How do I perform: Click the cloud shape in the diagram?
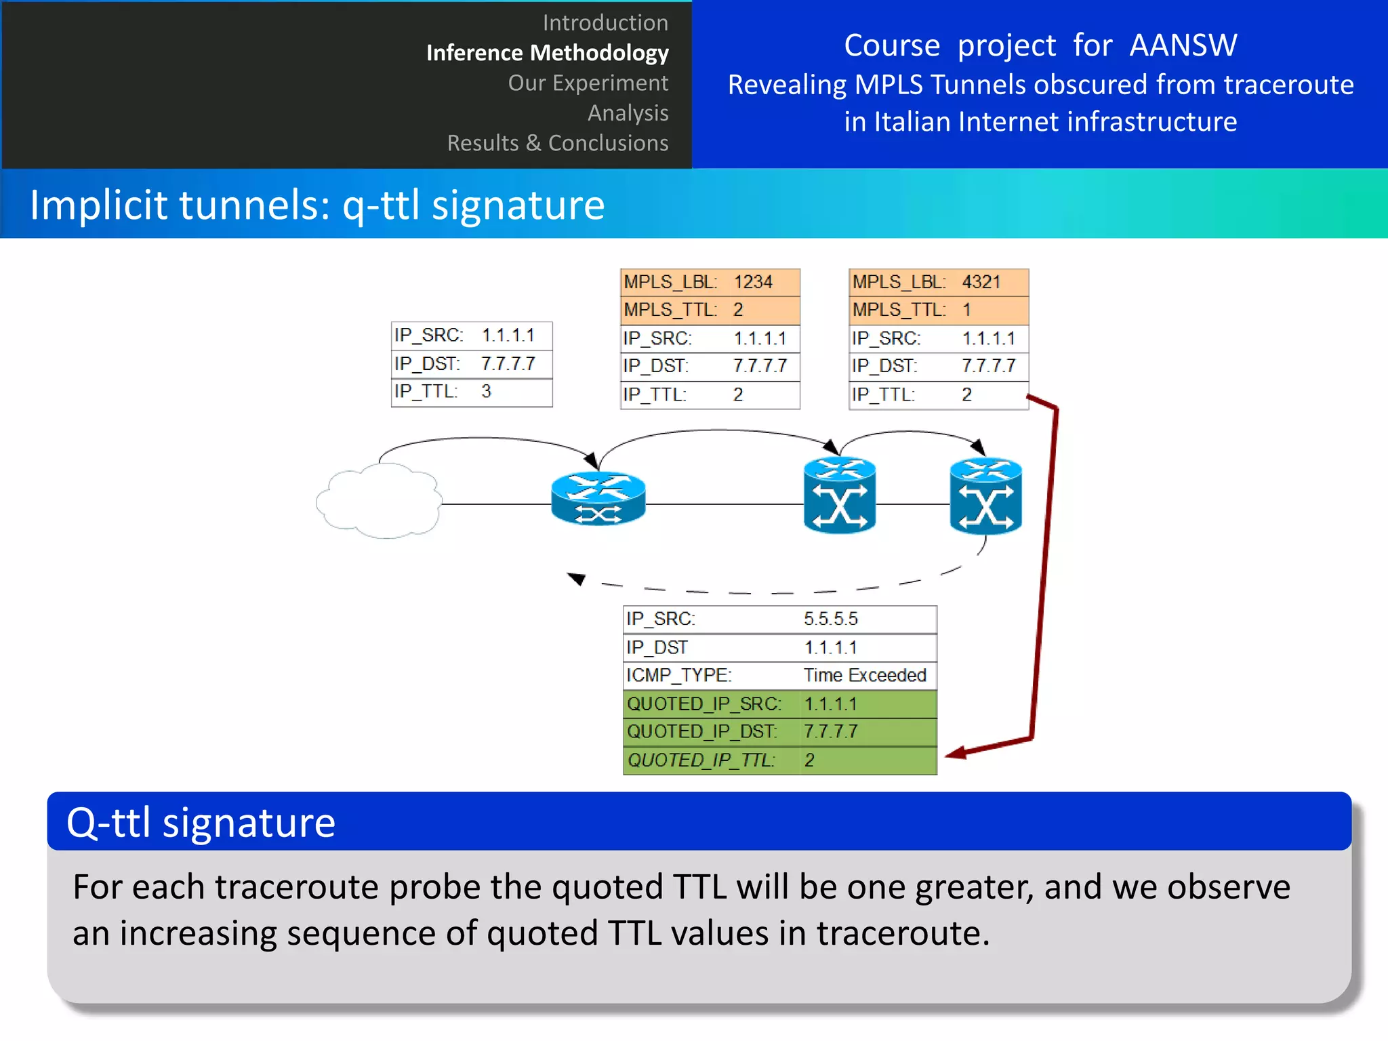click(x=380, y=502)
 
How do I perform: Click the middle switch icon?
click(x=839, y=497)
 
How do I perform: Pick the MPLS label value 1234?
click(x=752, y=282)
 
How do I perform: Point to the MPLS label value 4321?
click(x=981, y=282)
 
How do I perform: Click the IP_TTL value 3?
click(x=486, y=392)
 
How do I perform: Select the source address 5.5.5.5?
click(x=830, y=619)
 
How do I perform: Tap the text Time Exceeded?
click(x=864, y=676)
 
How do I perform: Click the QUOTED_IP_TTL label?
click(x=701, y=760)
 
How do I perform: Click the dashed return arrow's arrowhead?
click(x=577, y=579)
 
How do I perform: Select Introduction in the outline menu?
click(x=605, y=23)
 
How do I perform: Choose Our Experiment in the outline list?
click(x=588, y=83)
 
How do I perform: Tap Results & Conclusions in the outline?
click(x=557, y=143)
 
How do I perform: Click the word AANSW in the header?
click(x=1183, y=46)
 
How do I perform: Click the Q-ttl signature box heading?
click(x=201, y=823)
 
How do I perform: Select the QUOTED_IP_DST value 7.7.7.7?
click(x=830, y=732)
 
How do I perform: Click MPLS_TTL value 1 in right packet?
click(x=966, y=310)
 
